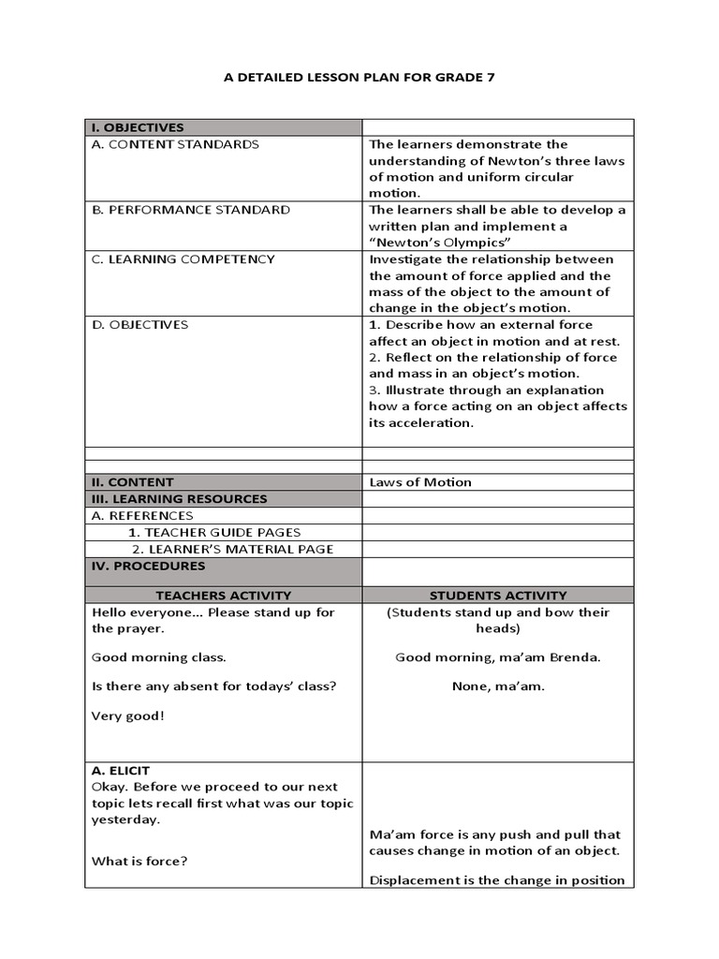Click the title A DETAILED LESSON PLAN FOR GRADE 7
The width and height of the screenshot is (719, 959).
coord(359,78)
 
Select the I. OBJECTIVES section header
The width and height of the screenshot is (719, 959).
coord(138,127)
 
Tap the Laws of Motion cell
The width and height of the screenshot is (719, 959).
coord(420,482)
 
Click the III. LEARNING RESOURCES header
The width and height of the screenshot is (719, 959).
coord(179,499)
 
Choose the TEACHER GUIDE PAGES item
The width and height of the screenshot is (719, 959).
coord(214,532)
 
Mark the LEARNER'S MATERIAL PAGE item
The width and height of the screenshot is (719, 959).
coord(232,549)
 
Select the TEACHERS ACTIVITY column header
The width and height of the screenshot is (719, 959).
coord(224,595)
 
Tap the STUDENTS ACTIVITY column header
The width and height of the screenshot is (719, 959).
coord(498,595)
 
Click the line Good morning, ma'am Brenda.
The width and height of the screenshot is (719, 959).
coord(498,657)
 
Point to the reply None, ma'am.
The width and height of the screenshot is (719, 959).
coord(498,686)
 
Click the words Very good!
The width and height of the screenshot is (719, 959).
coord(127,716)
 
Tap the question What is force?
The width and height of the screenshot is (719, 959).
coord(139,861)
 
